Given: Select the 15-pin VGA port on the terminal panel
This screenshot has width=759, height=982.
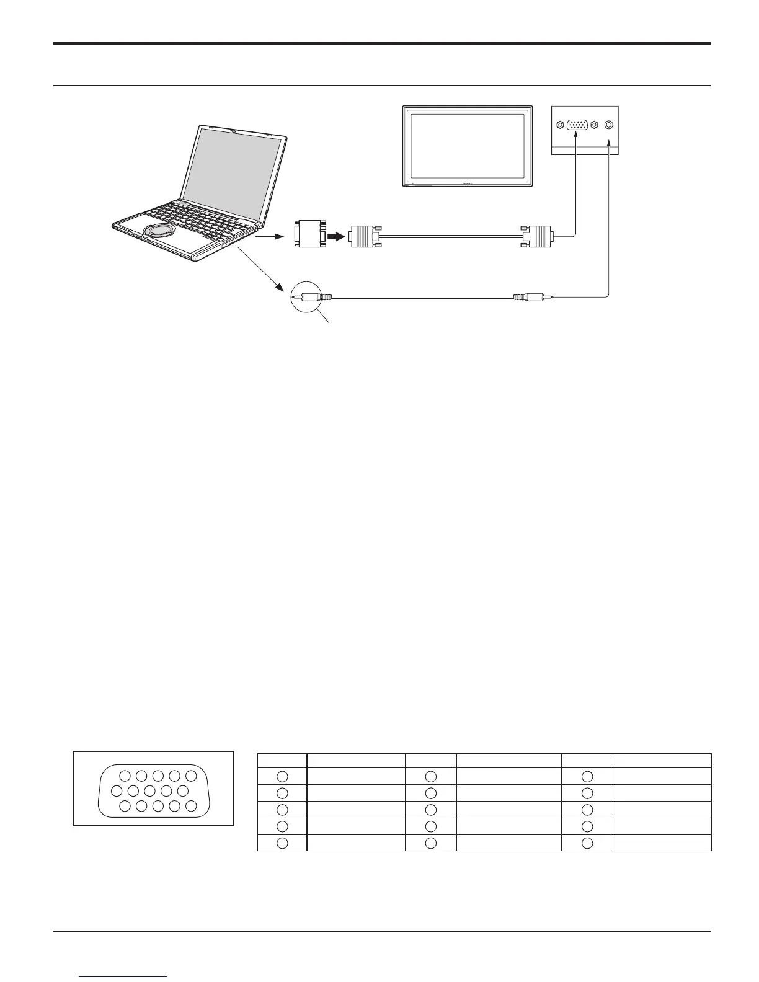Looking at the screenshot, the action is (577, 125).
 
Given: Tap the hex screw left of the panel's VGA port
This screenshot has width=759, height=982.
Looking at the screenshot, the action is (560, 125).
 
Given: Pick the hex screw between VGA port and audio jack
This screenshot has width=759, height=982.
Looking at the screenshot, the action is (594, 125).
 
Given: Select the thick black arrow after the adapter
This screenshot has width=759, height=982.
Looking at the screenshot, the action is (336, 236).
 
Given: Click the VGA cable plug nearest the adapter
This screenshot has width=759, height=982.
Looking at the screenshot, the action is (364, 236).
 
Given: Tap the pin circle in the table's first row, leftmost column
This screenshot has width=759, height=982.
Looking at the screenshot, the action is (282, 776).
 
